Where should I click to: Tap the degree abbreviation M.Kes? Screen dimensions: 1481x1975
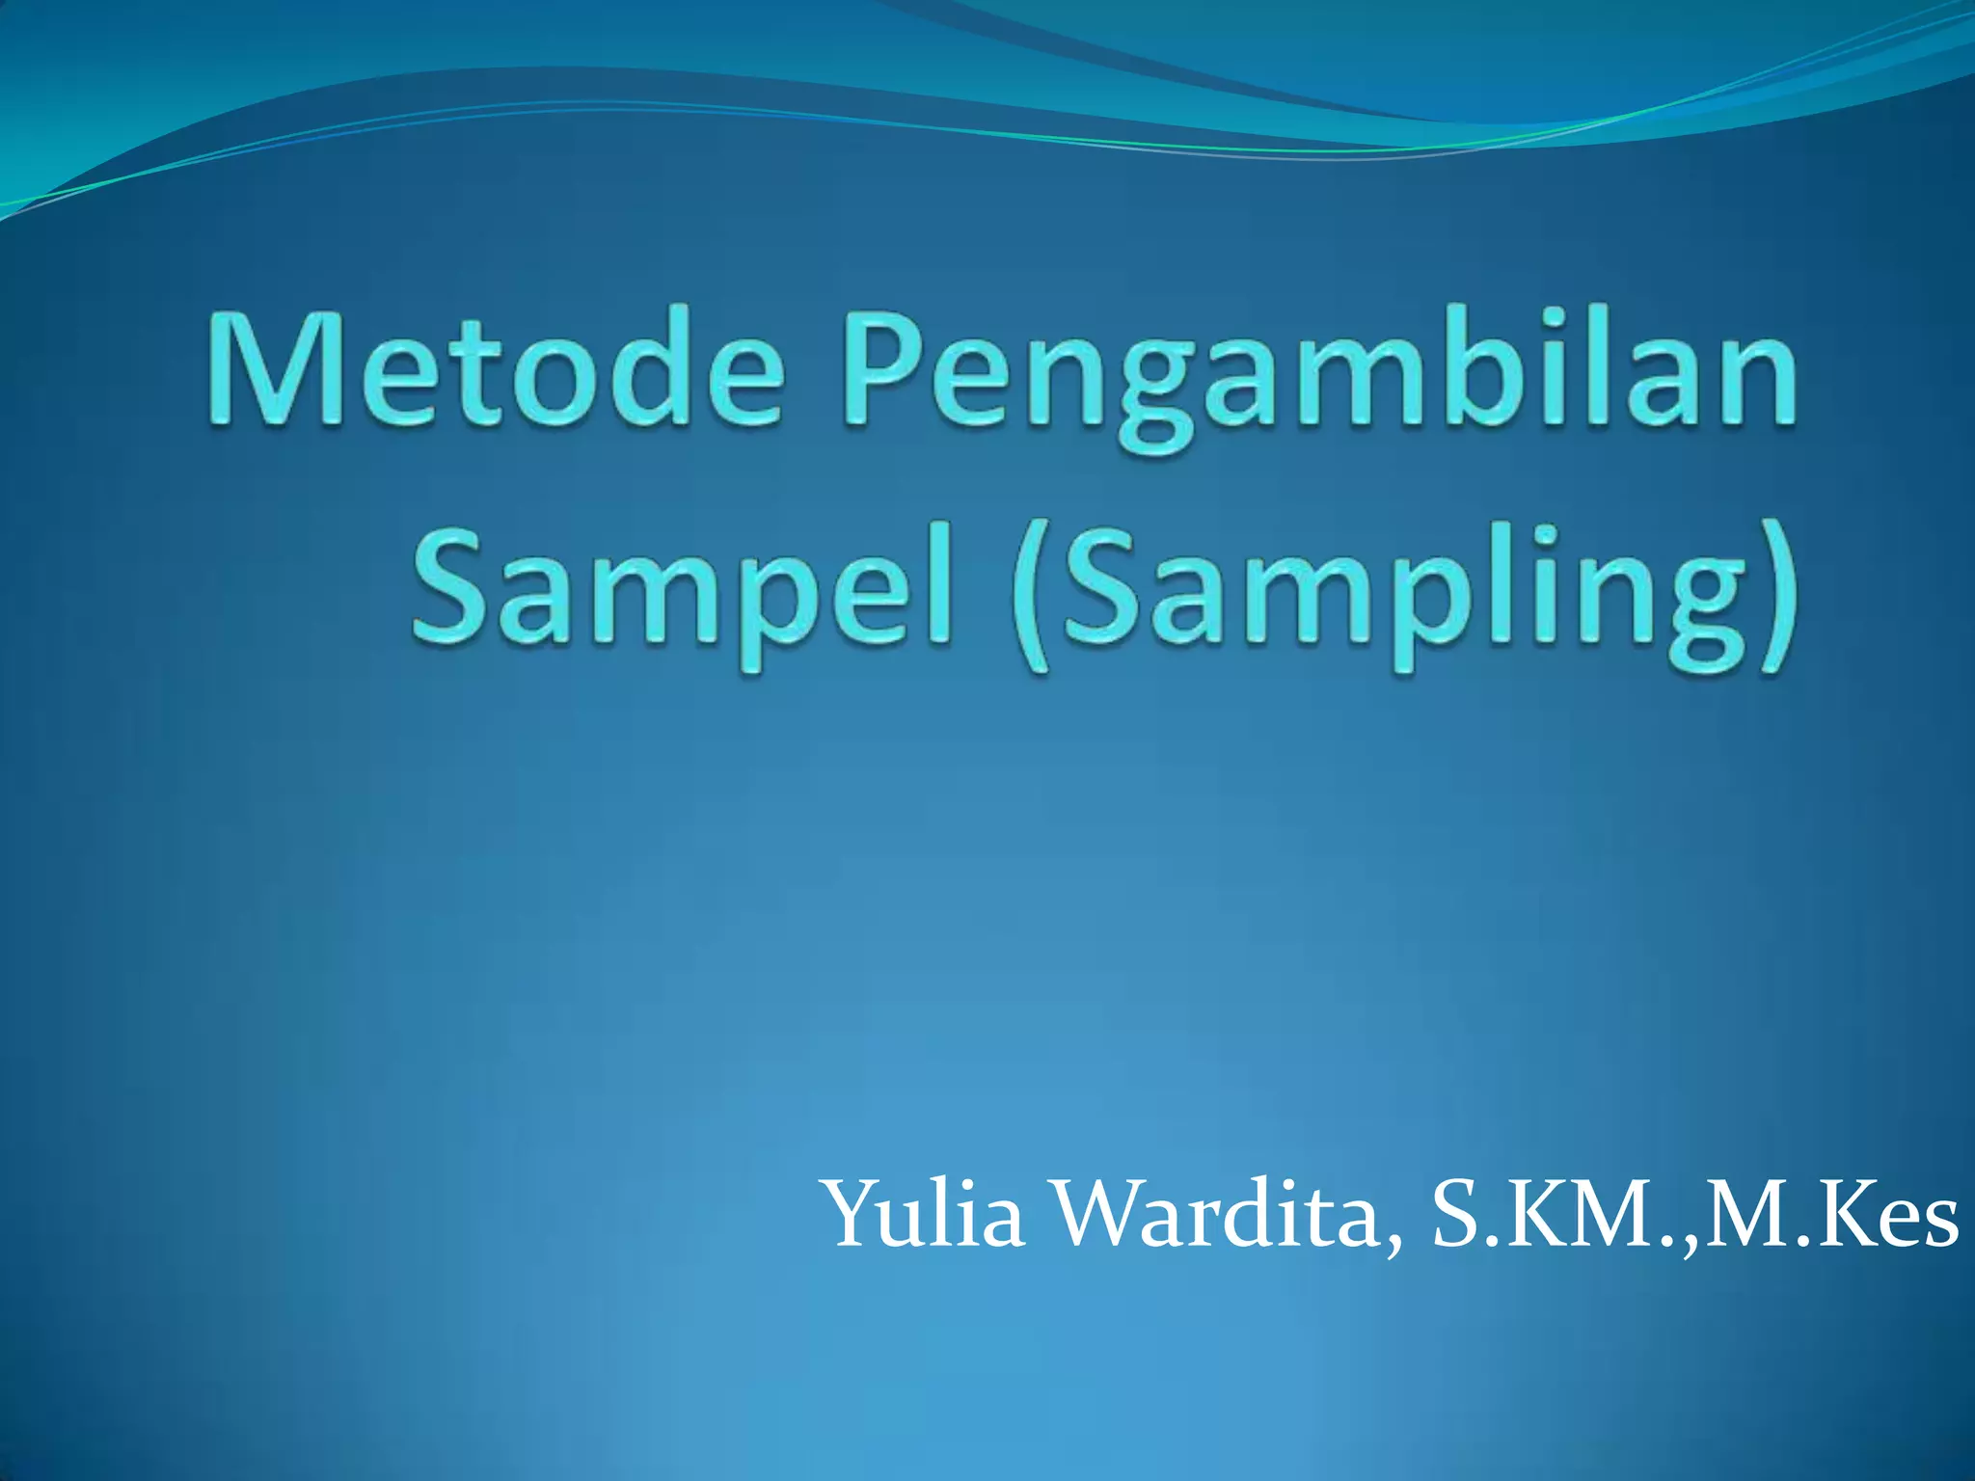[1832, 1217]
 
